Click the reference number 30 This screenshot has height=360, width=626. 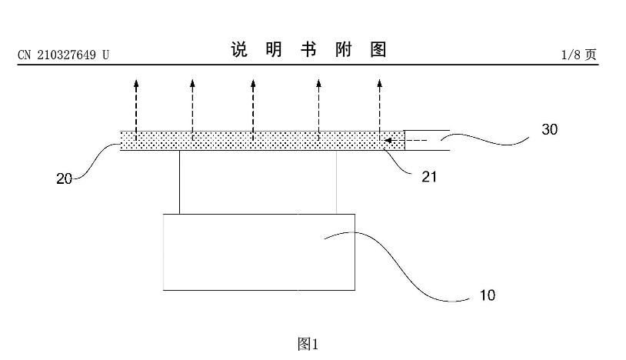coord(549,129)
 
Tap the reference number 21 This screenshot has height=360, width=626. coord(429,176)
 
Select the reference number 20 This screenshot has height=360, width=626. coord(64,178)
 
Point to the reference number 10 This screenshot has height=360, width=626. coord(487,295)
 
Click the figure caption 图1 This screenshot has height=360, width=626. coord(308,344)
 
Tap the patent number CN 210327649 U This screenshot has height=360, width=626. coord(63,55)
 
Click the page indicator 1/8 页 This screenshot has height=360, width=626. coord(578,55)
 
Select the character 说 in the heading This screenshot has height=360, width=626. coord(238,49)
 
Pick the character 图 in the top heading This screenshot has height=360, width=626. coord(378,49)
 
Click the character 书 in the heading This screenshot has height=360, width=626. coord(308,49)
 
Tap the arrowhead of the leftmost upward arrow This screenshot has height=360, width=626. coord(136,83)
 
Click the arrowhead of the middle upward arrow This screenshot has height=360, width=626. coord(253,83)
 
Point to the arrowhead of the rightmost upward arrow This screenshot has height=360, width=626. coord(380,83)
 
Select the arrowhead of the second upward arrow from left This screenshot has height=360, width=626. coord(192,83)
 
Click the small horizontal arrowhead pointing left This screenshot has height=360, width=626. coord(388,141)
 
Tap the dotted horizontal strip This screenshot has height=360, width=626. coord(262,141)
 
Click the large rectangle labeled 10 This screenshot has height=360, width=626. coord(259,252)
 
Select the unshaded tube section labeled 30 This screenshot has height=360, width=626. coord(427,141)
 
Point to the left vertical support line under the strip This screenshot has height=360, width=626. coord(180,182)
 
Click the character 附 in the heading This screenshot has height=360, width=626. coord(343,49)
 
